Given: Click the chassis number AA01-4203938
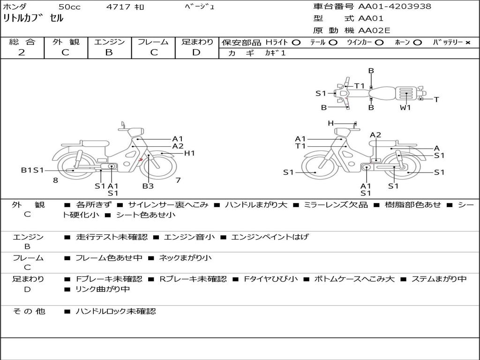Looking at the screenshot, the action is (395, 6).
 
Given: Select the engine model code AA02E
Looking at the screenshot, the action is (374, 30).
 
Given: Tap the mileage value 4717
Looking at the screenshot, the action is (118, 7).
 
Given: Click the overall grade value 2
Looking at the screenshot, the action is (22, 52).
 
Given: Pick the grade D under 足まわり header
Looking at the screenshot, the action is (196, 52).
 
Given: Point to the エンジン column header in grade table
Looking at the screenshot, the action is (109, 42).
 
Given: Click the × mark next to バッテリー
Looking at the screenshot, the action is (468, 43).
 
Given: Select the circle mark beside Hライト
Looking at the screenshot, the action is (296, 43).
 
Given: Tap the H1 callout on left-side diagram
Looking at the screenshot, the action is (189, 153).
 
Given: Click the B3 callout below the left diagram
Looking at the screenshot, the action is (148, 186).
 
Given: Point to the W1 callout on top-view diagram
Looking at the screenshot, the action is (405, 108).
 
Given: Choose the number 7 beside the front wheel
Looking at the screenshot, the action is (178, 180).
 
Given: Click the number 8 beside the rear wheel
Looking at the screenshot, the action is (55, 180).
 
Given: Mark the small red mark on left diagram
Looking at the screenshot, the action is (141, 159).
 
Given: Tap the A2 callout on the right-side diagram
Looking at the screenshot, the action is (375, 135).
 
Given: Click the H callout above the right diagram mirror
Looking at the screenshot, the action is (330, 123).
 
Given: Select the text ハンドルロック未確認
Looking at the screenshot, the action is (116, 311).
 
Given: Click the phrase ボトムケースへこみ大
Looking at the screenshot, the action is (354, 279).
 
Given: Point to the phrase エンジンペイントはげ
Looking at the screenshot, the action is (270, 237).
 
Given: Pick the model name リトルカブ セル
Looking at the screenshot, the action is (33, 18).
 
